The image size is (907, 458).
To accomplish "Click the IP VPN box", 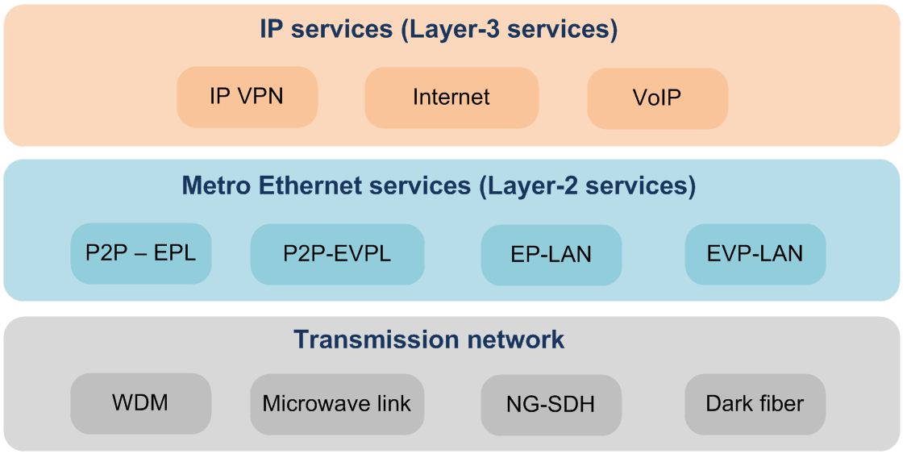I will [247, 97].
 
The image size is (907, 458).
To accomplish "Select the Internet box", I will [451, 98].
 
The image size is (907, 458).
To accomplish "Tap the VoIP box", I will [657, 98].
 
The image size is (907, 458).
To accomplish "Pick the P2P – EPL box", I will [140, 253].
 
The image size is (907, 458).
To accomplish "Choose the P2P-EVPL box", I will [337, 254].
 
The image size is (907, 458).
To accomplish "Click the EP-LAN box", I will [551, 255].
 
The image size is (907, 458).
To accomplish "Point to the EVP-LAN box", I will [755, 254].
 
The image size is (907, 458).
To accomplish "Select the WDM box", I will [140, 402].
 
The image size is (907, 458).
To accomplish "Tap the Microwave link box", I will [337, 403].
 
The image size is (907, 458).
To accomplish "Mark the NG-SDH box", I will [551, 404].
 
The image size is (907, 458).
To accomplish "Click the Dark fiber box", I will [755, 403].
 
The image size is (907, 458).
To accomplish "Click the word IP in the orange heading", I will [271, 30].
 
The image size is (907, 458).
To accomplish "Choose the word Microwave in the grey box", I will [310, 403].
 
